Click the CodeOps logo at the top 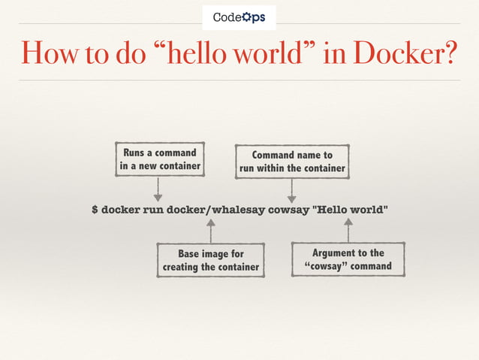[x=239, y=17]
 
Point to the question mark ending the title [x=449, y=52]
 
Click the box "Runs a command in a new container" [x=159, y=159]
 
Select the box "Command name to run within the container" [x=292, y=162]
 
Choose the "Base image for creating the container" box [x=211, y=260]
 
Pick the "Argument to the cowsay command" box [x=348, y=259]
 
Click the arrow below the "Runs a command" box [x=158, y=189]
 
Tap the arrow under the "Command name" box [x=292, y=191]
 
